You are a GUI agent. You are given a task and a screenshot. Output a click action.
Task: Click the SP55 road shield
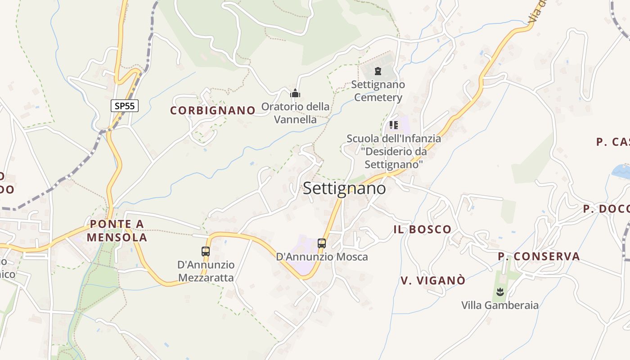point(125,106)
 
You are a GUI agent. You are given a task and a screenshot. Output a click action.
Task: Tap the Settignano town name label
point(344,188)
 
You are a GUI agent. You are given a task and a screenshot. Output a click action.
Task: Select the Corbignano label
point(213,111)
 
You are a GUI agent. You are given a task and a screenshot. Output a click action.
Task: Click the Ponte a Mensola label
point(117,230)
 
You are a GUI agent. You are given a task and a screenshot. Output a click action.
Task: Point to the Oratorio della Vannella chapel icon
point(295,94)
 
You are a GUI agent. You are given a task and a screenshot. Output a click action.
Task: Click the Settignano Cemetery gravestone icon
point(378,71)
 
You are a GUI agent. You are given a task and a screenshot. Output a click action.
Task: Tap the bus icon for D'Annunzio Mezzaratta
point(206,252)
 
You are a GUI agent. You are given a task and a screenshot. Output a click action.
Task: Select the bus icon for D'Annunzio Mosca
point(322,243)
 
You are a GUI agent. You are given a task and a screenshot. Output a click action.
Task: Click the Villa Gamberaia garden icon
point(499,292)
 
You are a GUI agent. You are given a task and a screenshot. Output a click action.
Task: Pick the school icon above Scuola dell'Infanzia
point(394,125)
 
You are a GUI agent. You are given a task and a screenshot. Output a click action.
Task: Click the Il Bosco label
point(422,229)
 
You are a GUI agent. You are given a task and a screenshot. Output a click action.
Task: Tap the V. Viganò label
point(433,280)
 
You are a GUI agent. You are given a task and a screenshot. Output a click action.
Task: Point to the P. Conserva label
point(539,256)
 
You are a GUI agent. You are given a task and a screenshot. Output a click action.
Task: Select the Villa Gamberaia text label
point(499,305)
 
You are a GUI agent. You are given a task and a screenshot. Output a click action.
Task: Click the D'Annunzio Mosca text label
point(322,257)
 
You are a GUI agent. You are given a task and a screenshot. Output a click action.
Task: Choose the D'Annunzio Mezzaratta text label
point(206,271)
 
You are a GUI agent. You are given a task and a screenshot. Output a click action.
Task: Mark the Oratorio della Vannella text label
point(295,113)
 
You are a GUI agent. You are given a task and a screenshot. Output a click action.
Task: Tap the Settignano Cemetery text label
point(378,91)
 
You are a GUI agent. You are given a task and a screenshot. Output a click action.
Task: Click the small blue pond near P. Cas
point(621,171)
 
